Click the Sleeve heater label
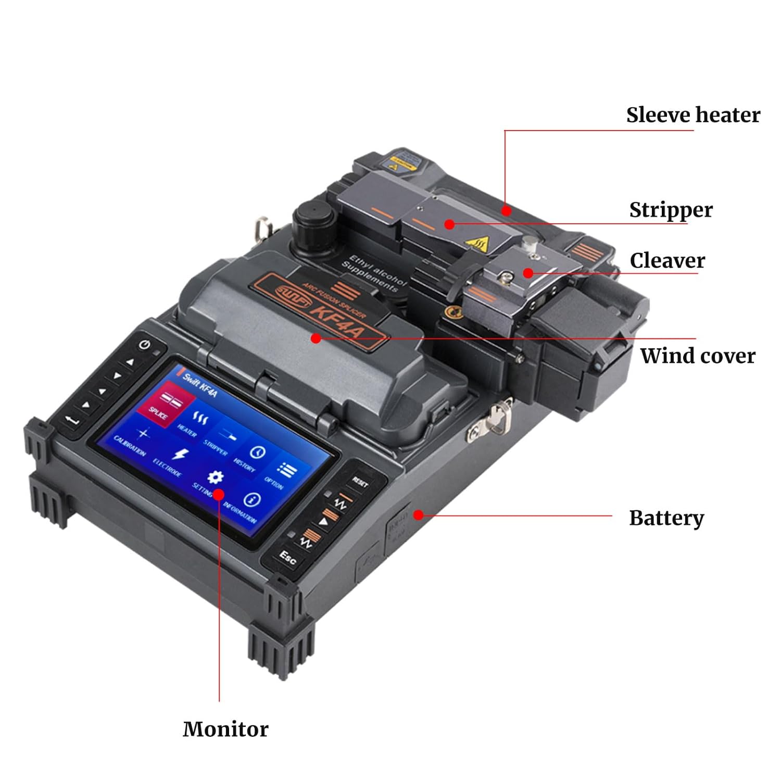(692, 115)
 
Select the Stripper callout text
(671, 210)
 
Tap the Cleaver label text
(667, 260)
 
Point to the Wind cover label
(697, 356)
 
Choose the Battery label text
(666, 518)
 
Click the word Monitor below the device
(225, 729)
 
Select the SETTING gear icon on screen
(215, 477)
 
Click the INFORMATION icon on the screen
(252, 500)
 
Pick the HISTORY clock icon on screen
(257, 452)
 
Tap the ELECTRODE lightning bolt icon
(180, 455)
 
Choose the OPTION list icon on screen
(286, 470)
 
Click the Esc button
(287, 557)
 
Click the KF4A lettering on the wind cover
(339, 318)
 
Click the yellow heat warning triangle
(477, 243)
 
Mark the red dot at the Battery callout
(418, 515)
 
